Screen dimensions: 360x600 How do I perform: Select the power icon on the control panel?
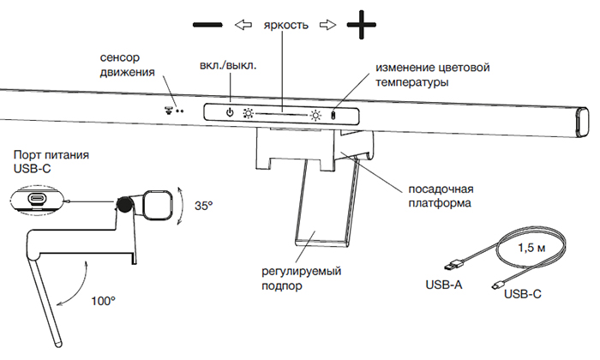click(229, 112)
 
